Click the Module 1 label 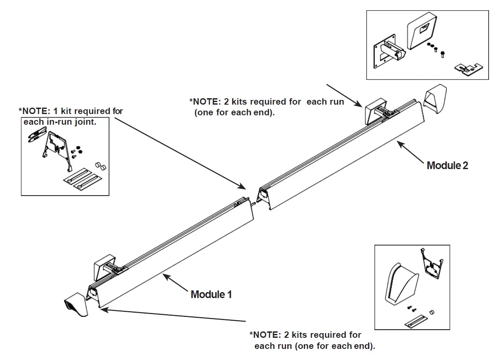click(211, 294)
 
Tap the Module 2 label click(447, 165)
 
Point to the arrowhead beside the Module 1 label click(165, 276)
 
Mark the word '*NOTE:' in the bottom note click(263, 335)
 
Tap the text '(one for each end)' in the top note click(234, 113)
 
